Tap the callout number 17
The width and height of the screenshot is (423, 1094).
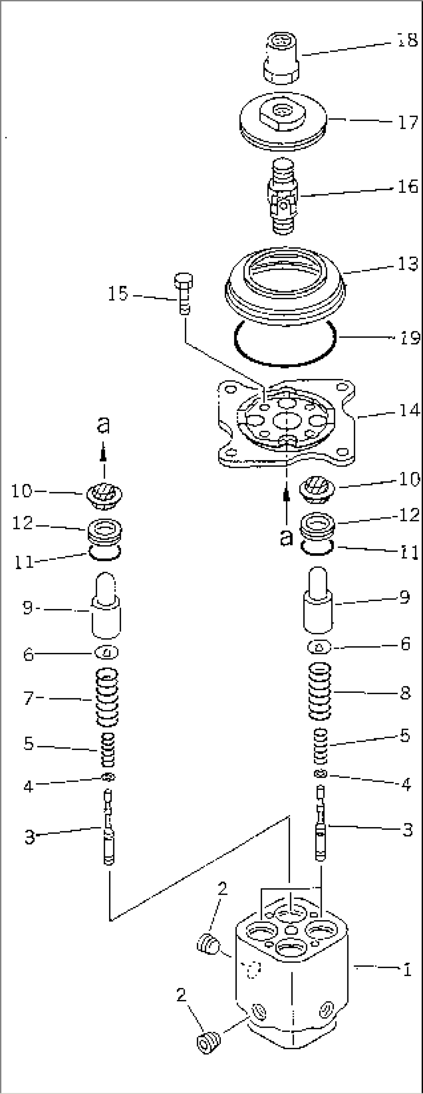point(407,122)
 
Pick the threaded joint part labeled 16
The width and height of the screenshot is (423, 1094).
point(283,196)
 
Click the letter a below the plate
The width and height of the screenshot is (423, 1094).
point(287,537)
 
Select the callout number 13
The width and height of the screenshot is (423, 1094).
point(408,264)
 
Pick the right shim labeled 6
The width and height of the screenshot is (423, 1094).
point(319,646)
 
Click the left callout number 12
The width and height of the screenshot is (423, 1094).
point(23,523)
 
